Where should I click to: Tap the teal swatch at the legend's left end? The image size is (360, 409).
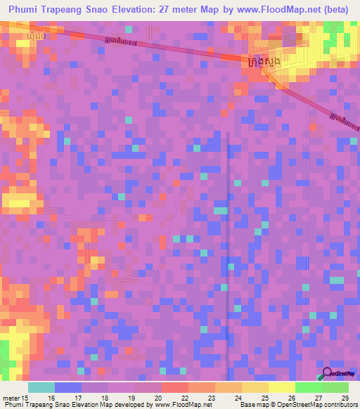click(x=41, y=387)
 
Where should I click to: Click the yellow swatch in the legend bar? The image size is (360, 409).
click(x=282, y=387)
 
